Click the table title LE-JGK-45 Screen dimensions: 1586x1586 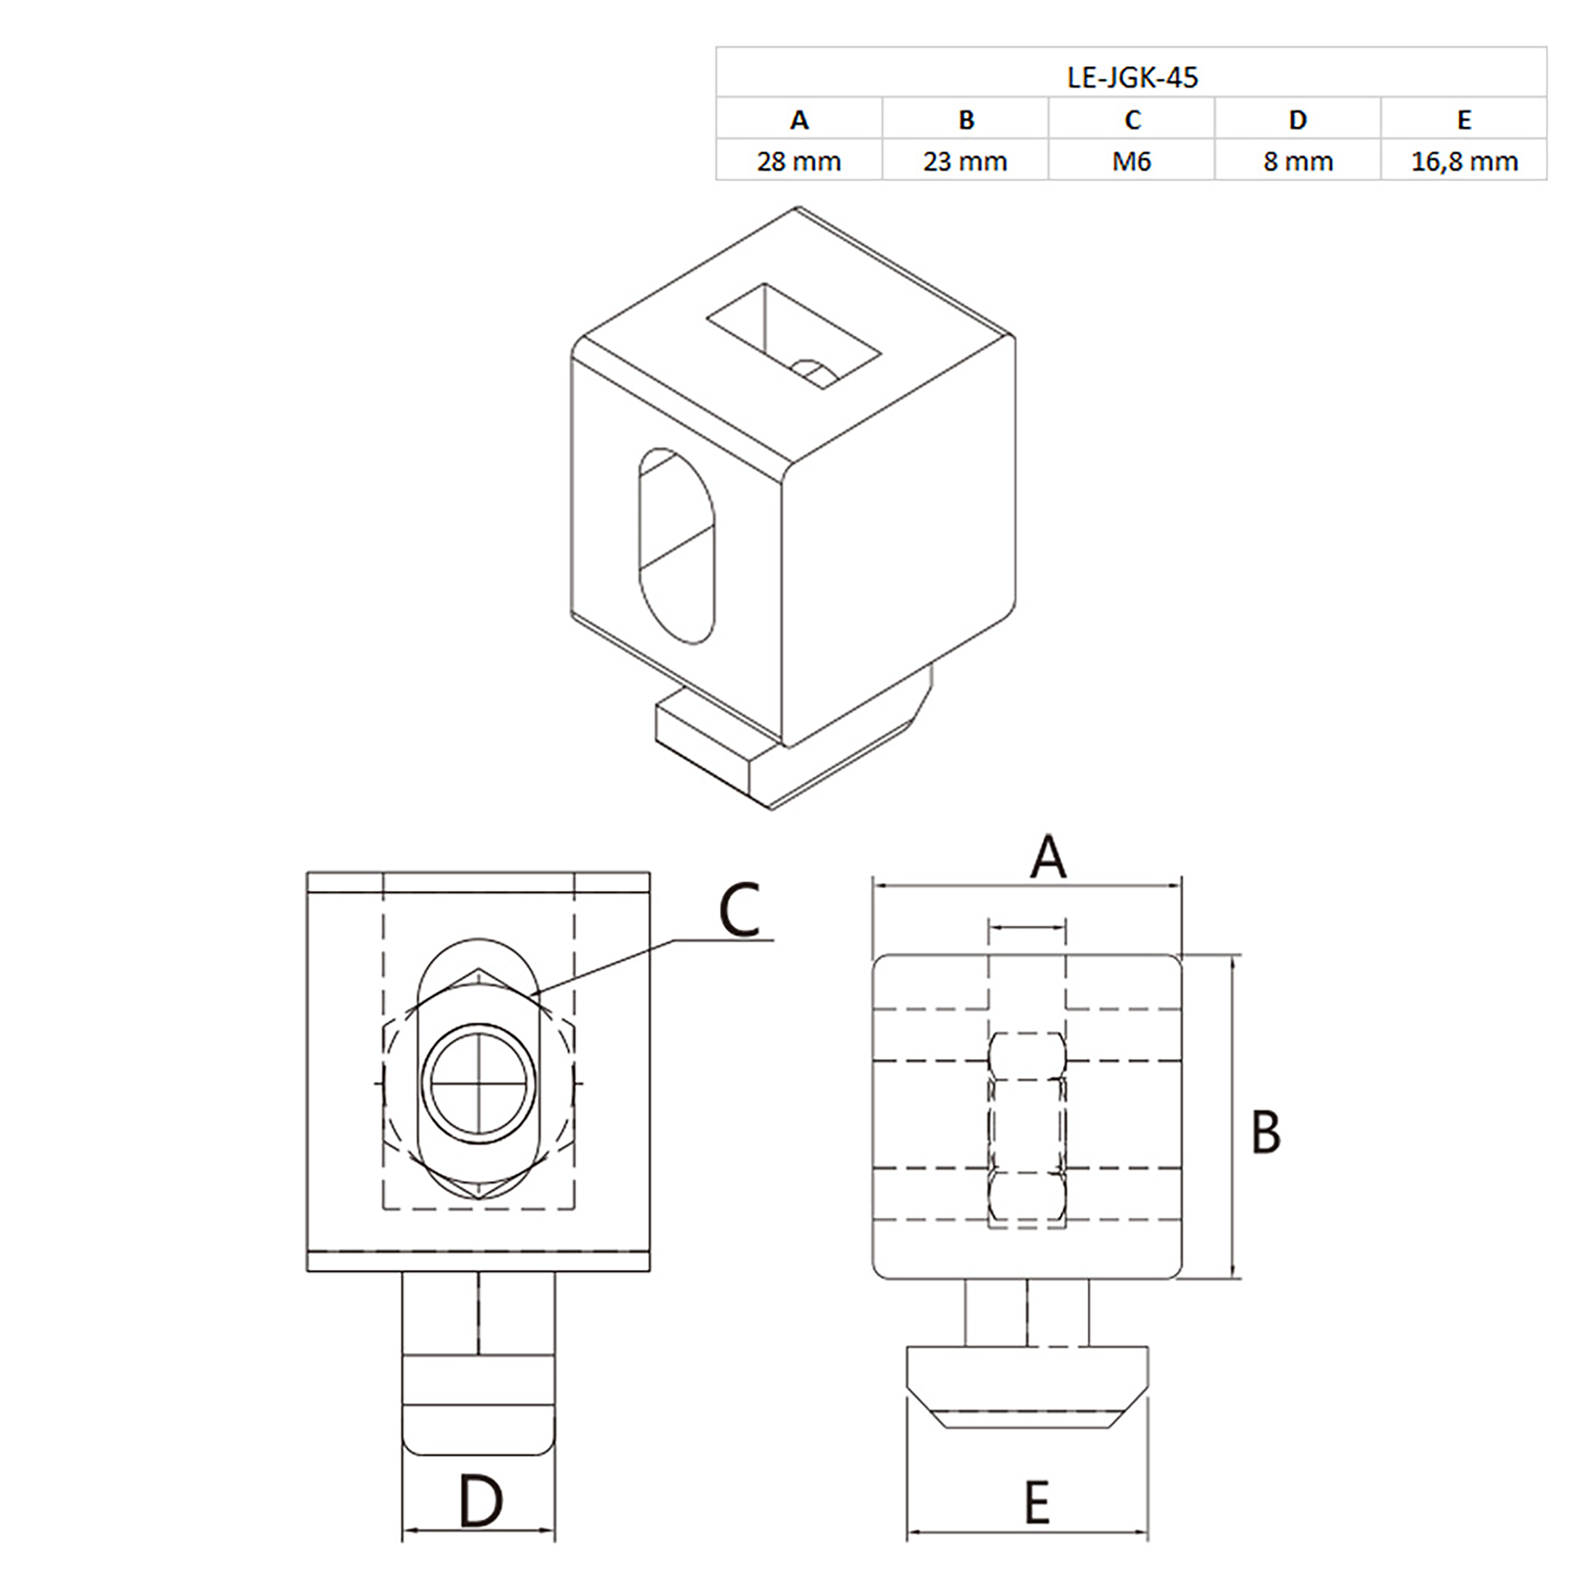pos(1131,77)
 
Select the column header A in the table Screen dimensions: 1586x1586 pos(799,120)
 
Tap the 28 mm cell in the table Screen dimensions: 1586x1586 pos(799,161)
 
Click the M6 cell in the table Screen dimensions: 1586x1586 pos(1131,161)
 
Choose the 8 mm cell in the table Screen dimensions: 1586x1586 pos(1298,161)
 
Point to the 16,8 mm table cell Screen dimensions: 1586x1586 pos(1464,161)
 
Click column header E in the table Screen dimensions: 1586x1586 pos(1464,120)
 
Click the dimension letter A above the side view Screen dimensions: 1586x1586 pos(1047,858)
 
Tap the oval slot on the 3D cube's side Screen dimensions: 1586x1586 pos(676,546)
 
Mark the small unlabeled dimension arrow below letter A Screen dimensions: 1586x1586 pos(1027,927)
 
